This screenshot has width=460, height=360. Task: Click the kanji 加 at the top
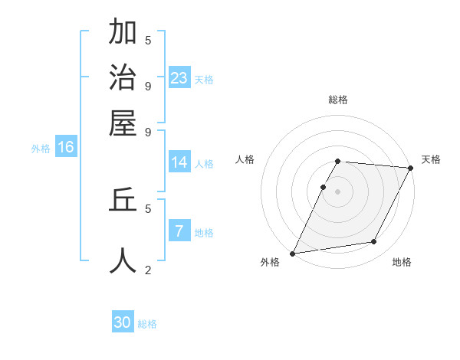[x=123, y=33]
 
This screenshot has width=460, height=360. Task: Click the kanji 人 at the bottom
[x=123, y=260]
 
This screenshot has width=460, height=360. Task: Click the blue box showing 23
[x=179, y=77]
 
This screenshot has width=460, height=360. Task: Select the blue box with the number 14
[x=179, y=162]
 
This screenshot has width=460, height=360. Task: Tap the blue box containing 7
[x=179, y=231]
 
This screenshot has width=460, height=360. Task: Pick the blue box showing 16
[x=66, y=147]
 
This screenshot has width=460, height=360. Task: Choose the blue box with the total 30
[x=123, y=322]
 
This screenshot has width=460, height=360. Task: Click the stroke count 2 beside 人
[x=148, y=270]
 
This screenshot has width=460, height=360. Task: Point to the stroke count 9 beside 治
[x=148, y=85]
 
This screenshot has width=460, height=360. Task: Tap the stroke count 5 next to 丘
[x=148, y=208]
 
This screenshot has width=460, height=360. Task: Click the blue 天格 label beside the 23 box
[x=203, y=80]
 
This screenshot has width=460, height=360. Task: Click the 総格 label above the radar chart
[x=338, y=100]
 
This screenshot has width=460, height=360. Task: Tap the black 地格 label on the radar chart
[x=402, y=263]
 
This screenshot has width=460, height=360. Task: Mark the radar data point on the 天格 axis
[x=411, y=168]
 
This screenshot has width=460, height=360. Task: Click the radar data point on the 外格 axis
[x=292, y=253]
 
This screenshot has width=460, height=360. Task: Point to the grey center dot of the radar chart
[x=338, y=191]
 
